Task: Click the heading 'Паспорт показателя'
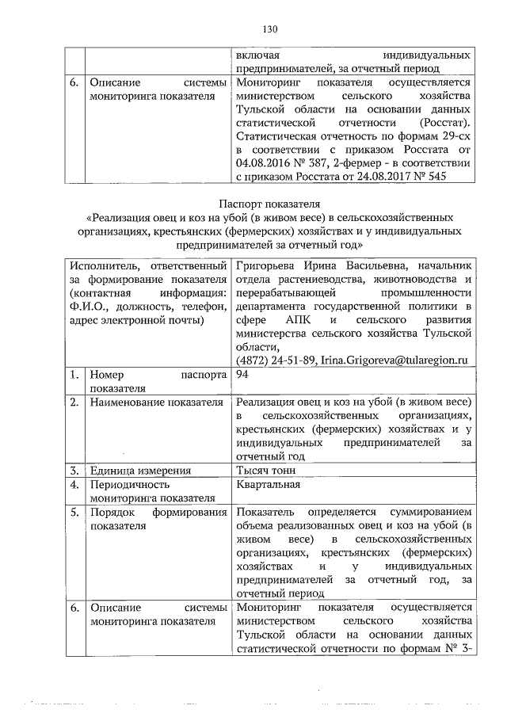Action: click(x=269, y=204)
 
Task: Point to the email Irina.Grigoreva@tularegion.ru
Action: click(x=394, y=361)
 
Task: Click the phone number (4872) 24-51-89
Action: click(x=273, y=361)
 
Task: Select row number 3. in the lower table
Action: click(x=72, y=469)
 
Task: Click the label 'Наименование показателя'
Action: click(x=157, y=403)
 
